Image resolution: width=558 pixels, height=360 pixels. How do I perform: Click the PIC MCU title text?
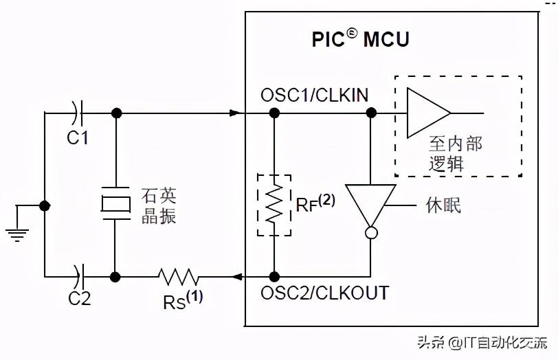point(360,38)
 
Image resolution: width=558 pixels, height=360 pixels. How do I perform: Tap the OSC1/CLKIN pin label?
point(314,95)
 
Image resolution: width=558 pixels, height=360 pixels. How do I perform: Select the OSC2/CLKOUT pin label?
point(324,293)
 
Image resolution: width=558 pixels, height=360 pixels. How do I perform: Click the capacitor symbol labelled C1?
point(78,111)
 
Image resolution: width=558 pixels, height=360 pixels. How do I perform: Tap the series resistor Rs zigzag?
point(179,277)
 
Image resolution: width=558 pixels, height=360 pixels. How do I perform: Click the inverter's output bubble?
point(370,234)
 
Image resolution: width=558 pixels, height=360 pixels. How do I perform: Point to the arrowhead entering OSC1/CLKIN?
point(236,112)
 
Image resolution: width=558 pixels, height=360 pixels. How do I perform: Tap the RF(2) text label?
point(314,204)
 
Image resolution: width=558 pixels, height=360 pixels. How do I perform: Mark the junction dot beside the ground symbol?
point(45,205)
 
